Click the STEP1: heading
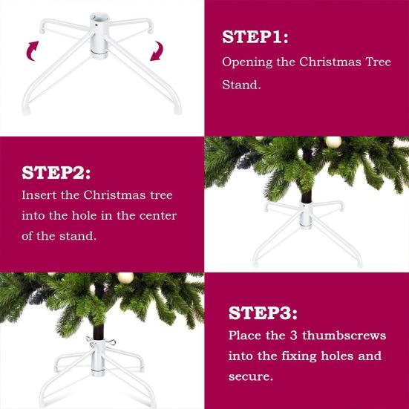click(255, 37)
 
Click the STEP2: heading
click(56, 173)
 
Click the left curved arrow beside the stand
click(33, 50)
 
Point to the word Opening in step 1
click(248, 62)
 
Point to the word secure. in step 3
click(252, 376)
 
